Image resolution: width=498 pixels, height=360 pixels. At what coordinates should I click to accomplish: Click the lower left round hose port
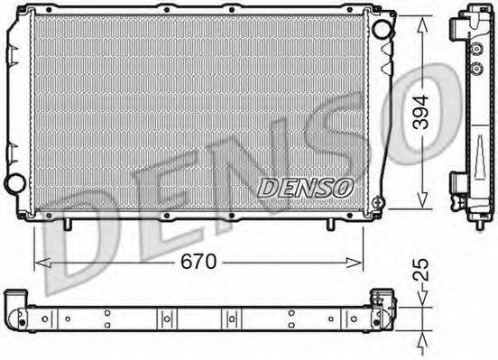(x=14, y=184)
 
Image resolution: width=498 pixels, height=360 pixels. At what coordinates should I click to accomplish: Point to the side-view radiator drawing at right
(x=471, y=113)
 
